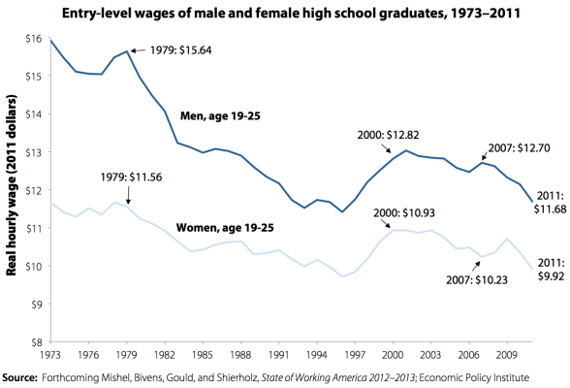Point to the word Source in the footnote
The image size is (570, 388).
[x=24, y=376]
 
